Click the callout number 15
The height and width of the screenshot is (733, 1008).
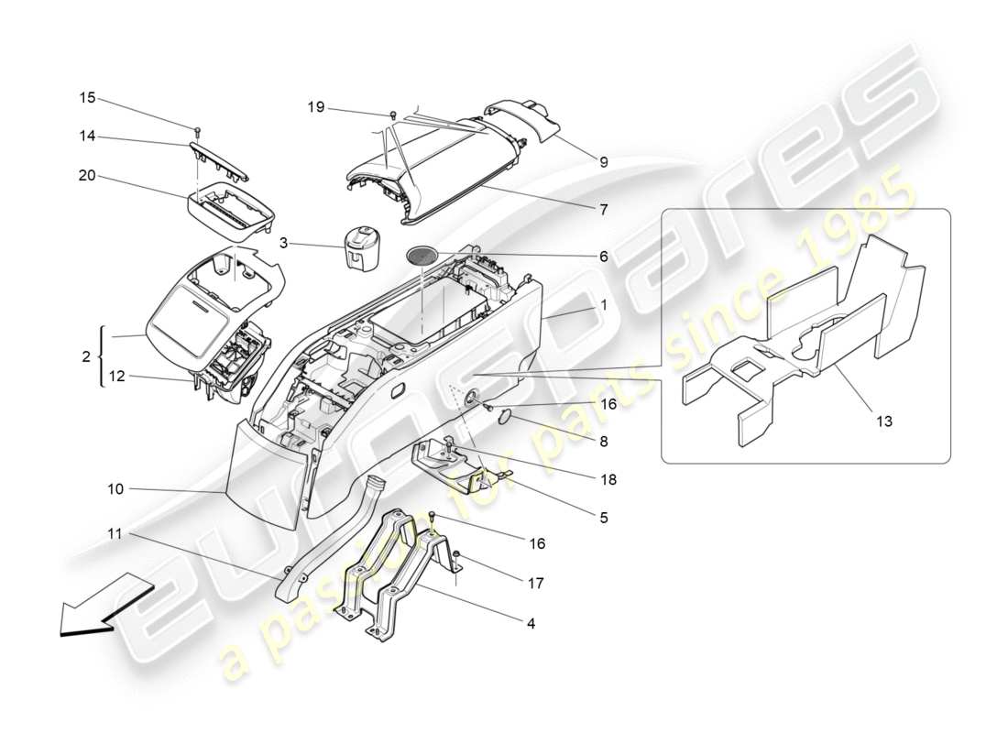86,98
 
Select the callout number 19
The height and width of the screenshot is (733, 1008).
315,108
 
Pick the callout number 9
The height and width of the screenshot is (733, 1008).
604,162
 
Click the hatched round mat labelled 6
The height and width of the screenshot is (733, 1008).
421,256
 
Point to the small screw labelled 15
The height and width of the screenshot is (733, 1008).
197,128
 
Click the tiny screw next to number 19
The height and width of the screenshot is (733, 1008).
393,115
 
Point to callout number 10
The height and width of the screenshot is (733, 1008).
115,490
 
